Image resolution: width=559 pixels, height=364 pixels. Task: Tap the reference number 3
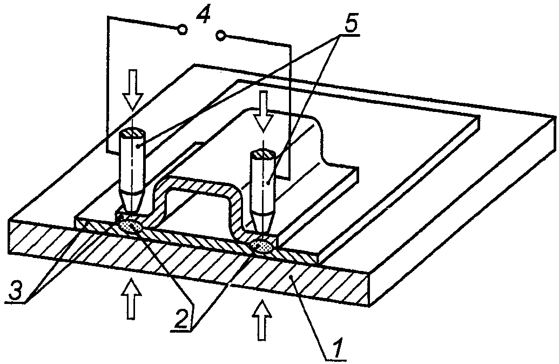tap(15, 291)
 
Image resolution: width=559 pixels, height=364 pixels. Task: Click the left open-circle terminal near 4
tap(182, 30)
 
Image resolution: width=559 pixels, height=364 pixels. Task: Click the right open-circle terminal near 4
tap(221, 35)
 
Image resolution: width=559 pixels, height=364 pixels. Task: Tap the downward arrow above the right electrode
tap(264, 111)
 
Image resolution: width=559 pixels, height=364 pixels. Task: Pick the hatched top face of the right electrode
tap(263, 155)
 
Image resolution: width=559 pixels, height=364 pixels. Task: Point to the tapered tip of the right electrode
tap(263, 223)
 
